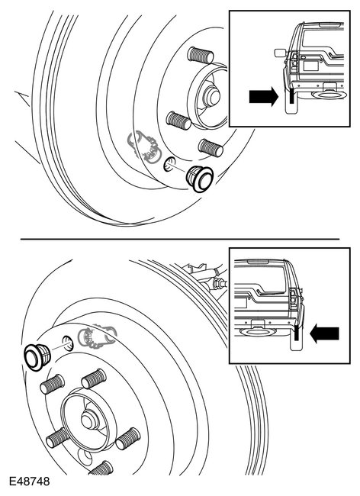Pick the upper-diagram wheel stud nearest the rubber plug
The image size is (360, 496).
click(209, 147)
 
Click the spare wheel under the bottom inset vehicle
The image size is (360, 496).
click(254, 333)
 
